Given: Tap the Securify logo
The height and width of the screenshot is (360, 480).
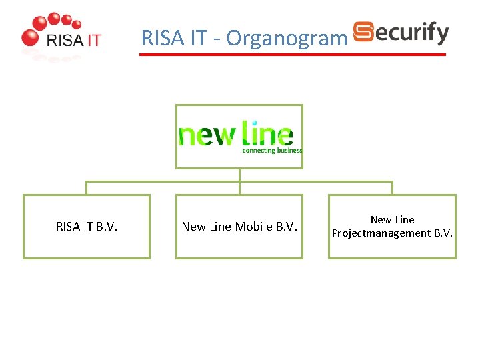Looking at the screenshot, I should [401, 33].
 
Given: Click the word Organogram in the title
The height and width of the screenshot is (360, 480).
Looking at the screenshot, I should [287, 39].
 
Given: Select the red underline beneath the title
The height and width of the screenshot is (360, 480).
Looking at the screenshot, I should [292, 55].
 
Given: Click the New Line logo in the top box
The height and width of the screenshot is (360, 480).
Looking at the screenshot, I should [239, 136].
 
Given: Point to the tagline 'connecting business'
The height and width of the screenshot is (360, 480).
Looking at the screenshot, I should [272, 151].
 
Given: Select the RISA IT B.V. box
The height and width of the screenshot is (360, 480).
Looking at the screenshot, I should [87, 227].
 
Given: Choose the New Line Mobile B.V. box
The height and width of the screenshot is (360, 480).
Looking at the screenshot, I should [239, 227].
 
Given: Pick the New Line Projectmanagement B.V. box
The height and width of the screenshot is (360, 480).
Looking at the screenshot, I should [392, 227].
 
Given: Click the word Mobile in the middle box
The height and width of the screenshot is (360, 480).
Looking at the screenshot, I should [250, 227].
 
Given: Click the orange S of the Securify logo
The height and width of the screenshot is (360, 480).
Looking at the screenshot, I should [363, 32].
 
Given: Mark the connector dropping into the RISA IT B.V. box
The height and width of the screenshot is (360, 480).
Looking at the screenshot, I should [87, 188].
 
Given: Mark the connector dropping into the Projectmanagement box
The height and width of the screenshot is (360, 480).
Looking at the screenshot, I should [392, 188].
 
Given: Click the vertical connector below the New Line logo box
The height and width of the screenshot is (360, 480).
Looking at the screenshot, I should [239, 175].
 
